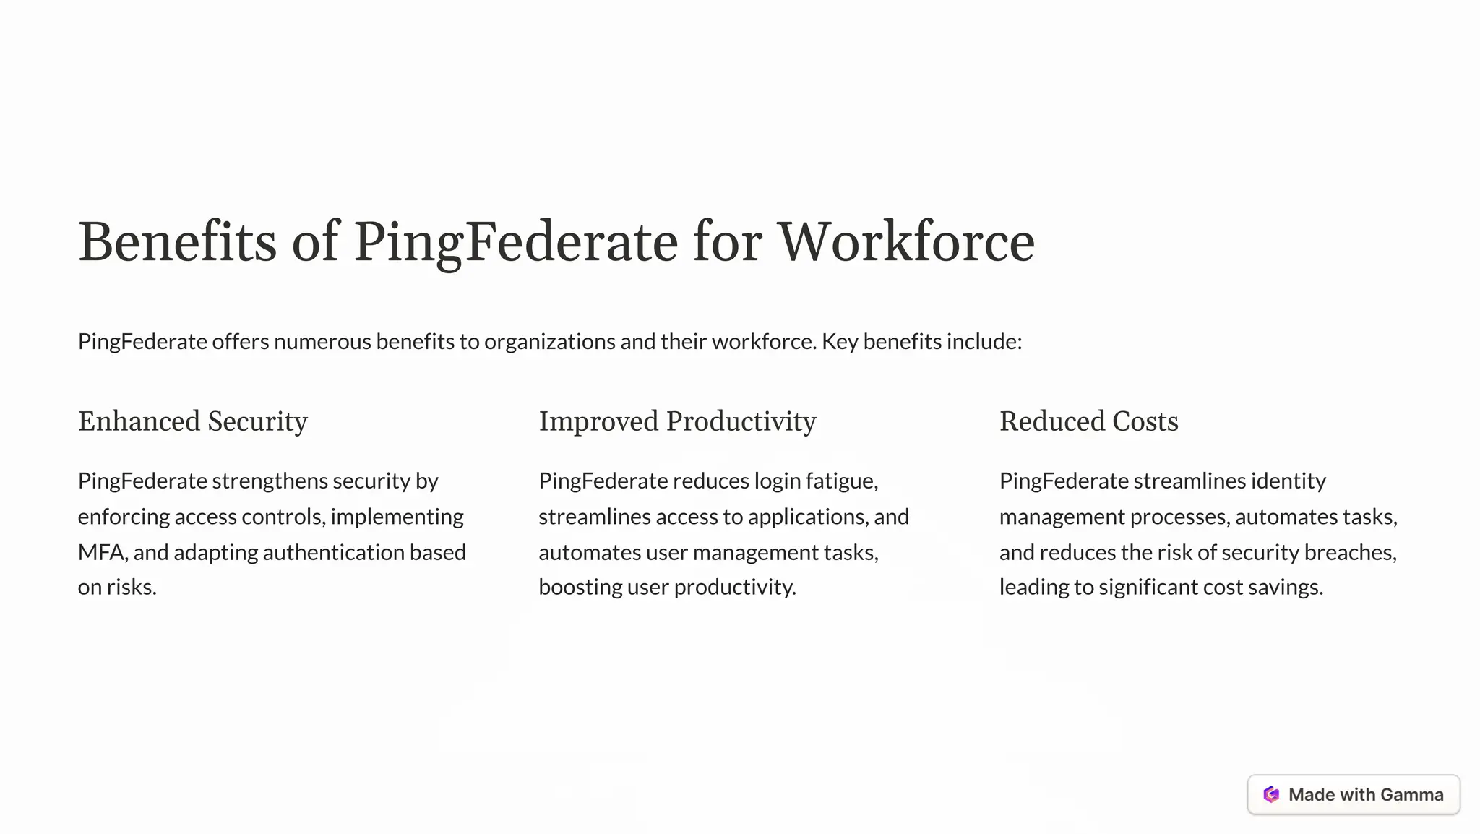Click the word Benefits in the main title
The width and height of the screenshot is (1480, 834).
tap(177, 242)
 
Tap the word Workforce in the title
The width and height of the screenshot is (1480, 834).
tap(905, 242)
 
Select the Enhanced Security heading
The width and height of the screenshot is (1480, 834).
tap(193, 421)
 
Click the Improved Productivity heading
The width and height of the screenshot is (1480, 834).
tap(677, 421)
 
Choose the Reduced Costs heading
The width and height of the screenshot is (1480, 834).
tap(1088, 421)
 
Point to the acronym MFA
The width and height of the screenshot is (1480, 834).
tap(103, 552)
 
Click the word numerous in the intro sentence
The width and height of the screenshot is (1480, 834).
tap(322, 341)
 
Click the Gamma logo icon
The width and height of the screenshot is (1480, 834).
tap(1271, 795)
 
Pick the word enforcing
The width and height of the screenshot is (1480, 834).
tap(124, 517)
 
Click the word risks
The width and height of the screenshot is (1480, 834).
tap(131, 587)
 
